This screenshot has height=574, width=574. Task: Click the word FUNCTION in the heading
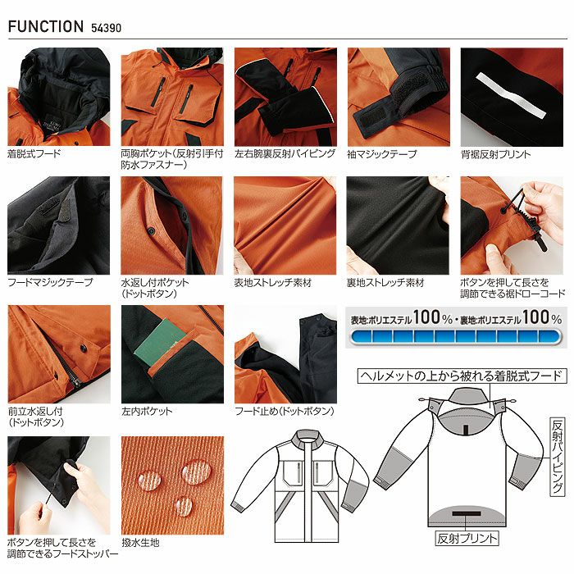coord(46,27)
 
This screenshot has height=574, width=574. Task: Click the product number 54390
coord(106,28)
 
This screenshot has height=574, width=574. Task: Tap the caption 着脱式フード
coord(34,154)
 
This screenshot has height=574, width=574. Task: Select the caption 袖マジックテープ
coord(382,154)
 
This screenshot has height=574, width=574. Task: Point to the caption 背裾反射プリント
coord(495,154)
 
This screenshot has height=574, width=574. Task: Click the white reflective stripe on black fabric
coord(511,95)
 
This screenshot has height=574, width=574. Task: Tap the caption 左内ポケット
coord(147,411)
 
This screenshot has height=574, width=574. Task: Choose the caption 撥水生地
coord(140,543)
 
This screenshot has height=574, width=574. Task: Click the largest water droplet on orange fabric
coord(196,471)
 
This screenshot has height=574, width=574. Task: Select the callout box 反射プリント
coord(467,539)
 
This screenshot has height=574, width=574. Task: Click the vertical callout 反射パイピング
coord(558,457)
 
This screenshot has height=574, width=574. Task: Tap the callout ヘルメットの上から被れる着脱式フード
coord(462,376)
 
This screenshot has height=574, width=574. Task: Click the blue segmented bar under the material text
coord(455,337)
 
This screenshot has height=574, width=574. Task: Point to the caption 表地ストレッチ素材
coord(273,283)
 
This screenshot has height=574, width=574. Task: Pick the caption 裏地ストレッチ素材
coord(385,283)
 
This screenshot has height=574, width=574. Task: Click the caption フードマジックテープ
coord(50,283)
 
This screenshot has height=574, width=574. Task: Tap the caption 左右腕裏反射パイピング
coord(285,154)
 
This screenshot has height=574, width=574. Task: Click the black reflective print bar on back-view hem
coord(466,513)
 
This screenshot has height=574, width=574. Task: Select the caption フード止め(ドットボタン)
coord(285,411)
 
